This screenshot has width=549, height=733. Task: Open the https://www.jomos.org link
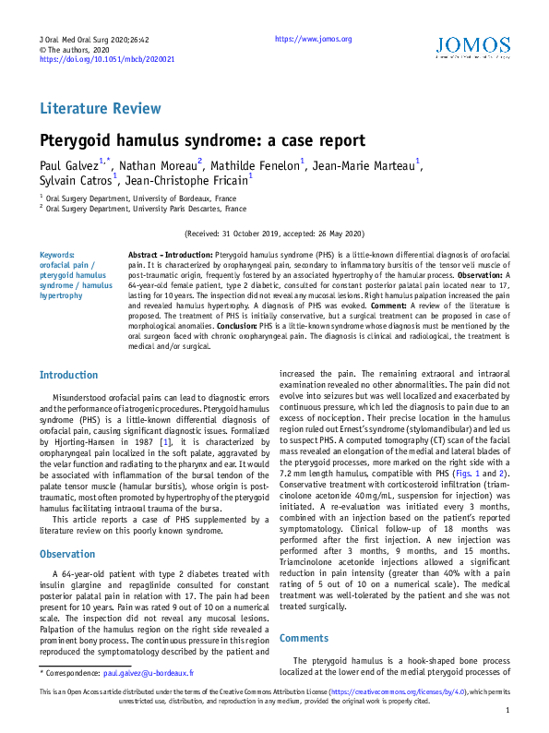point(314,39)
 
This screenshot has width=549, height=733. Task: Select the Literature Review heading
point(101,109)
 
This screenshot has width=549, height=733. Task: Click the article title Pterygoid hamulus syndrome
point(202,141)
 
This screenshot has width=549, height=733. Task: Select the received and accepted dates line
point(274,234)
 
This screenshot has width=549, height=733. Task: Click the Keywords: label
point(57,254)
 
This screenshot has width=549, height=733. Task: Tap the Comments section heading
point(303,638)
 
